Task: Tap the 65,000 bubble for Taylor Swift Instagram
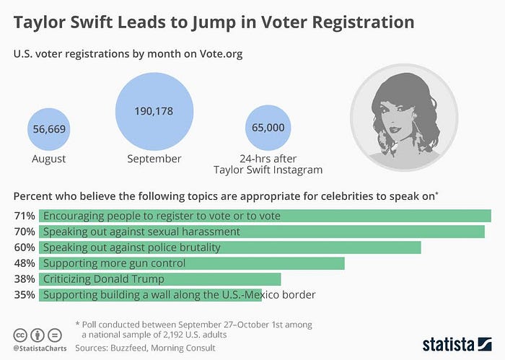coord(268,127)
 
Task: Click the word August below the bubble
coord(50,159)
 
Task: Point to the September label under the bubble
coord(154,159)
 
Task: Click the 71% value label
coord(24,216)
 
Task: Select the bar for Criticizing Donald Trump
coord(159,279)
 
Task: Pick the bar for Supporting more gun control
coord(191,263)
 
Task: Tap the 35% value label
coord(24,294)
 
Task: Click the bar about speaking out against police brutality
coord(229,247)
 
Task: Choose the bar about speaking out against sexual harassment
coord(261,232)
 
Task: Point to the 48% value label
coord(24,263)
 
